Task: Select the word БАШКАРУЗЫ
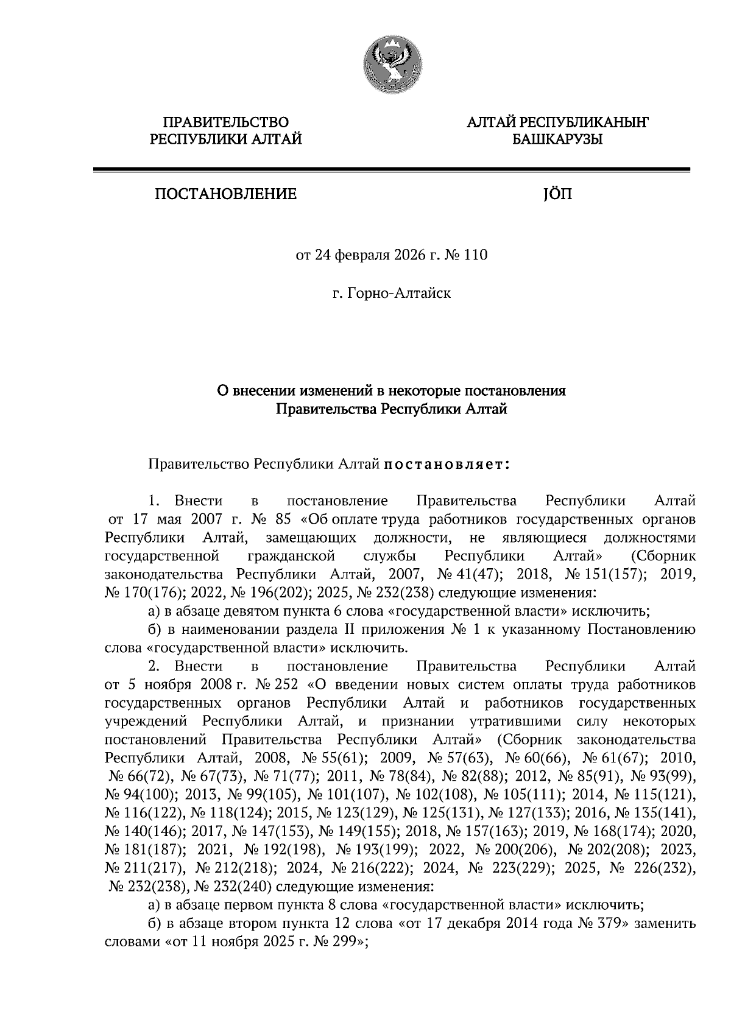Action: tap(557, 140)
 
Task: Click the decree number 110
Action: tap(476, 255)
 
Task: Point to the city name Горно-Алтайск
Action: tap(398, 294)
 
